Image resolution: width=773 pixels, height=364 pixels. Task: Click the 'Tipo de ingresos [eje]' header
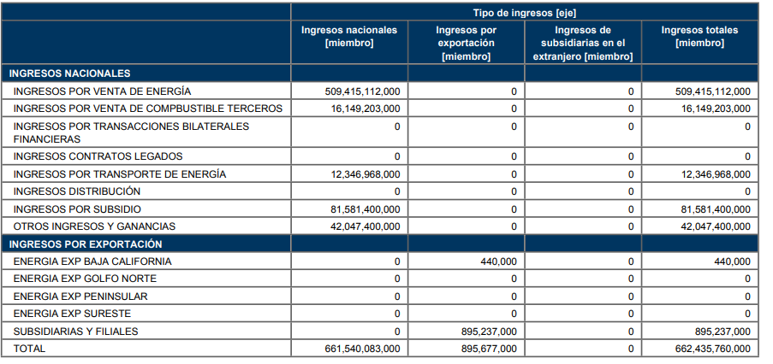tap(525, 13)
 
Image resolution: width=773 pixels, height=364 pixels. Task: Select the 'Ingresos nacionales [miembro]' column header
tap(349, 37)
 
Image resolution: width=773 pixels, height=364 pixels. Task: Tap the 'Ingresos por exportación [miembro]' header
tap(466, 44)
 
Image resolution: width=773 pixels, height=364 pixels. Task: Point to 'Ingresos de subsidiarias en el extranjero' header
tap(583, 44)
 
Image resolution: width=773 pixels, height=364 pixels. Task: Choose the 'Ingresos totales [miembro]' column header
tap(699, 37)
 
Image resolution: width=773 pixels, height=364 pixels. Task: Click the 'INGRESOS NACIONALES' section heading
tap(70, 73)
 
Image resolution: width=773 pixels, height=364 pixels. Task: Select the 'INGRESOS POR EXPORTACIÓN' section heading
tap(86, 244)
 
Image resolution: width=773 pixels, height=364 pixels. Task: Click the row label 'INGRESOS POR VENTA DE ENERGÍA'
tap(102, 91)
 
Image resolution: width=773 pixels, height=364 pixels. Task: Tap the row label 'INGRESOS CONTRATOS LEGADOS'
tap(98, 156)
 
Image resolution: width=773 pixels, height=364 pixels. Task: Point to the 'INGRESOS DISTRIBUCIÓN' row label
tap(77, 191)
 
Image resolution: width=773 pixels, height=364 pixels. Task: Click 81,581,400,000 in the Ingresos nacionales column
tap(366, 209)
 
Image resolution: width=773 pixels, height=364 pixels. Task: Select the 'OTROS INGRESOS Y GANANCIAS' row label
tap(94, 226)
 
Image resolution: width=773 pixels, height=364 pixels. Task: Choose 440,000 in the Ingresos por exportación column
tap(499, 261)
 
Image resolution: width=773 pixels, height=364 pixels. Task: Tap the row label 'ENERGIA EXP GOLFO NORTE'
tap(85, 279)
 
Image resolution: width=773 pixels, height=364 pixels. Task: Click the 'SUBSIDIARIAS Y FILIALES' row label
tap(75, 332)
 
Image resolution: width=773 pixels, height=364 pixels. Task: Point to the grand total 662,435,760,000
tap(713, 349)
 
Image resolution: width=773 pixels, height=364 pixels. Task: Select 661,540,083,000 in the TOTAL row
tap(363, 349)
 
